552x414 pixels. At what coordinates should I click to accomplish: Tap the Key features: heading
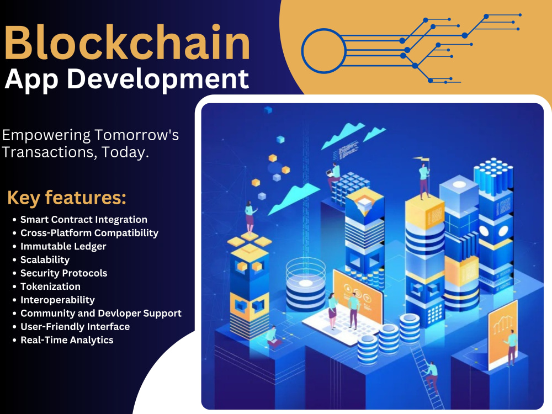click(x=67, y=197)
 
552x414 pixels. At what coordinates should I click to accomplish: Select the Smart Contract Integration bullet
click(x=84, y=220)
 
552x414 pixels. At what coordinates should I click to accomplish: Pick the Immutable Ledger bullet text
click(x=63, y=246)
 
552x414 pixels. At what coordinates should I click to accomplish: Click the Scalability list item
click(x=45, y=259)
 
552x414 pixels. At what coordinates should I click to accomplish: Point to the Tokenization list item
click(x=51, y=286)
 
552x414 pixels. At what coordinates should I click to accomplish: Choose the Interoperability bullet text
click(x=57, y=300)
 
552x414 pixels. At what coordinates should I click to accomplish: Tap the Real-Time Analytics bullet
click(x=67, y=340)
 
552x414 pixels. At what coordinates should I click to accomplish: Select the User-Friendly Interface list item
click(x=75, y=327)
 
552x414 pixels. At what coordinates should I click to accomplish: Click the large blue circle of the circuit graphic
click(x=323, y=51)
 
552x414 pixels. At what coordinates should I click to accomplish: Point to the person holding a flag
click(x=424, y=179)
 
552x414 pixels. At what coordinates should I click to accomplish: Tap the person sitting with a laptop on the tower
click(x=335, y=176)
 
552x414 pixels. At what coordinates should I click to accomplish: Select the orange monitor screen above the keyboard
click(x=357, y=298)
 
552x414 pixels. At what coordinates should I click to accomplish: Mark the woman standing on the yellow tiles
click(x=250, y=218)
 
